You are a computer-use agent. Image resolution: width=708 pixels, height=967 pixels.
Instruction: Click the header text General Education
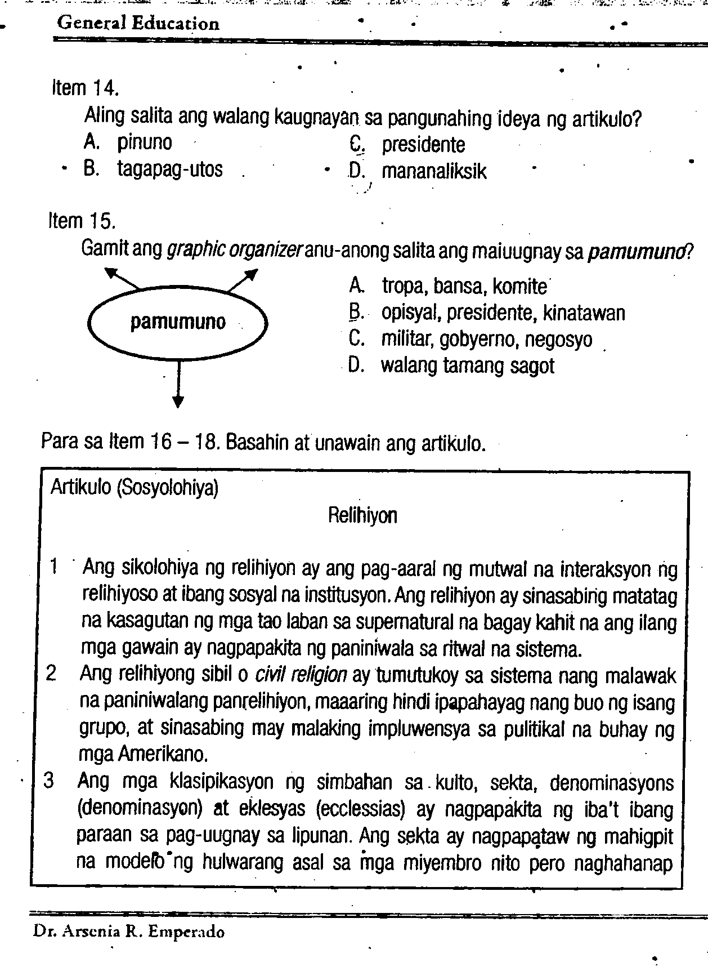138,23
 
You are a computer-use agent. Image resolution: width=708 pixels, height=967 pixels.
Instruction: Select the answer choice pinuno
144,142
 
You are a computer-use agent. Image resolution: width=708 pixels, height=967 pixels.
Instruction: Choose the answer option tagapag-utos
169,169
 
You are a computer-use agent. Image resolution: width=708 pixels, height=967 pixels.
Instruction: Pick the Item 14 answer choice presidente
423,145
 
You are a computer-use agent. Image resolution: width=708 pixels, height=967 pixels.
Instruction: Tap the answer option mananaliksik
434,171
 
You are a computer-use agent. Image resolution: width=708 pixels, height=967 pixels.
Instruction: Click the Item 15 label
82,221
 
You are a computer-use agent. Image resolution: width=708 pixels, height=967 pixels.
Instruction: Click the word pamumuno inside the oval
178,322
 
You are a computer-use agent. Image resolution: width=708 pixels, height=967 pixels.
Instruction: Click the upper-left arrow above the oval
120,278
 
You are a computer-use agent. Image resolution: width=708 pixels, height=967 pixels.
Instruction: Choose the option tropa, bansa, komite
464,287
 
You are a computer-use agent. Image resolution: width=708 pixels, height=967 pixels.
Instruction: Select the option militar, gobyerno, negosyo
486,340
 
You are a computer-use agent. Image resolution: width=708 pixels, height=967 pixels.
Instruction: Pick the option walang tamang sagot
467,366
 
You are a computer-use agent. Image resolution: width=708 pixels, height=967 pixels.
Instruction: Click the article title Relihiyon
362,515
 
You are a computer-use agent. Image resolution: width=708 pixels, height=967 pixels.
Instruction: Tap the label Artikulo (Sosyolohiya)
135,487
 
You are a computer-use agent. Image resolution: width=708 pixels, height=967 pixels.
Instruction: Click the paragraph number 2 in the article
51,674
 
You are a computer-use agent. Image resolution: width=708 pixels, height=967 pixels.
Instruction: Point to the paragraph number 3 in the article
50,781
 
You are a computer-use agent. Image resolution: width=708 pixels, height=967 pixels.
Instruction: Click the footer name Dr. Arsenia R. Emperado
129,932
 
